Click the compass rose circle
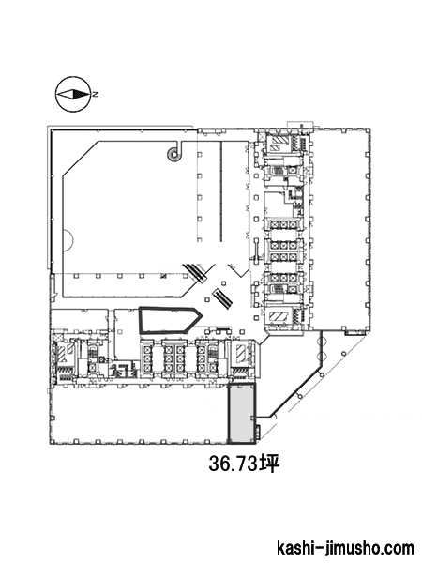pos(55,95)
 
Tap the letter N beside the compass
pos(96,95)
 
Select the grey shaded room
pos(242,413)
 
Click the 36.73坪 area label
pos(244,464)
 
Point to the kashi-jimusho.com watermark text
pos(345,549)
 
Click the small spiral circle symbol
pos(174,155)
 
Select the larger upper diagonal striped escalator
pos(196,273)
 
